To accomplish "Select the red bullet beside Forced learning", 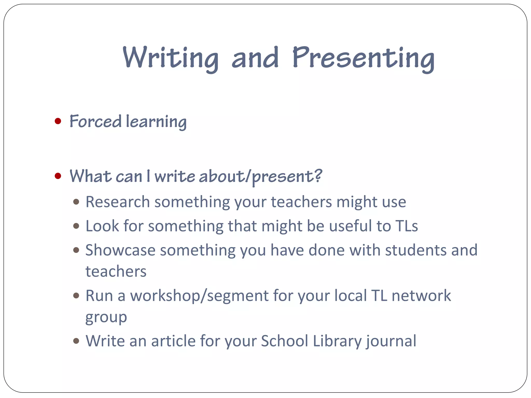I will tap(58, 121).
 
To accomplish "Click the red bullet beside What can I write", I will tap(58, 176).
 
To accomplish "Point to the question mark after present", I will tap(318, 175).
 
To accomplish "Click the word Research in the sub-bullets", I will tap(118, 202).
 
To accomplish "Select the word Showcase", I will tap(120, 250).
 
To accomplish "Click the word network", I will tap(421, 296).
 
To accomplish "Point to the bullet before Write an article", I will tap(76, 341).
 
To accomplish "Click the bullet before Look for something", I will tap(76, 226).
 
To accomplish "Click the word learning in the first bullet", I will tap(156, 122).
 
